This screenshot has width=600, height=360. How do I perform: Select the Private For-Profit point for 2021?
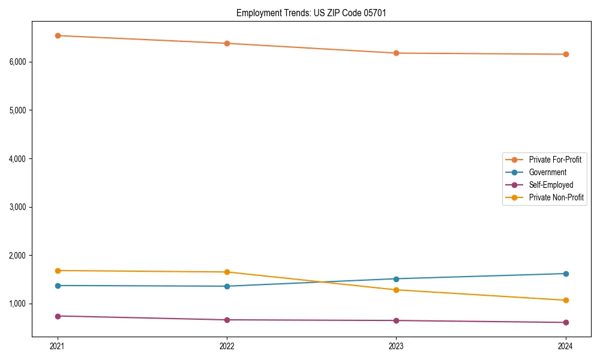[58, 35]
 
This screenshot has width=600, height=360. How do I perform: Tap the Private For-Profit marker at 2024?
[566, 54]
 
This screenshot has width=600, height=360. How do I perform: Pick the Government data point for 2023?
[397, 278]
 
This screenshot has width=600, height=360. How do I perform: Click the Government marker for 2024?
[566, 274]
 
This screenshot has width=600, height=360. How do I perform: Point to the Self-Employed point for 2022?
[227, 320]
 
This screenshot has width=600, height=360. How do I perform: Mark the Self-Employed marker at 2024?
[566, 322]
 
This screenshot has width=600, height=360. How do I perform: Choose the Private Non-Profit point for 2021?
[58, 271]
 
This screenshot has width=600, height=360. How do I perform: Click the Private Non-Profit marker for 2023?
[397, 290]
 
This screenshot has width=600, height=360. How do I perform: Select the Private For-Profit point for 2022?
[227, 43]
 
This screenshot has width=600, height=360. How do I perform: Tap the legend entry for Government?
[547, 172]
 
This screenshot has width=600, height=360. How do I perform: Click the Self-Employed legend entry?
[551, 185]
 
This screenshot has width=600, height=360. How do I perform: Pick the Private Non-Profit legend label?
[556, 197]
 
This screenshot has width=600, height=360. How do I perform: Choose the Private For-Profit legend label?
[555, 160]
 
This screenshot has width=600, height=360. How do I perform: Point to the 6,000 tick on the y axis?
[20, 62]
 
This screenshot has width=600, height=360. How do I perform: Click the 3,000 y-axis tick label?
[20, 207]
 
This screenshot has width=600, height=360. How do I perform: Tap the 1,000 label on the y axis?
[20, 304]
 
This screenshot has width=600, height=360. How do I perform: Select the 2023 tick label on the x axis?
[397, 346]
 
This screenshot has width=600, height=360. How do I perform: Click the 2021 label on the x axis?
[58, 346]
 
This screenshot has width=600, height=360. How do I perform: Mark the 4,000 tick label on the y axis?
[20, 158]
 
